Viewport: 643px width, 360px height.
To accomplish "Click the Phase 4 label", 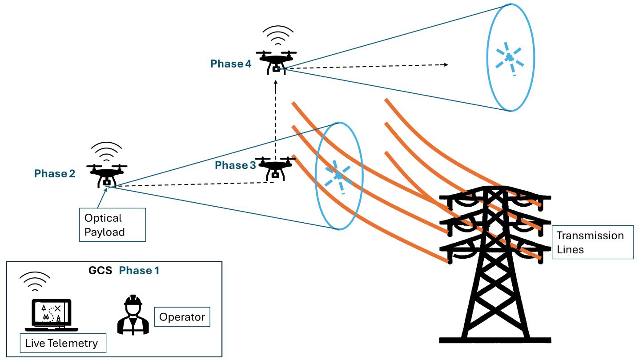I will pyautogui.click(x=231, y=64).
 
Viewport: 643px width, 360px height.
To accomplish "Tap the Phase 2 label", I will pyautogui.click(x=55, y=174).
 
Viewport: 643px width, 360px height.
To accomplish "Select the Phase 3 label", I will pyautogui.click(x=235, y=165).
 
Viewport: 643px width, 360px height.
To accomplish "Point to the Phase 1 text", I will pyautogui.click(x=139, y=271).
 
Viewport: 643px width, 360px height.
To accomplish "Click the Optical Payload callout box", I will pyautogui.click(x=112, y=225).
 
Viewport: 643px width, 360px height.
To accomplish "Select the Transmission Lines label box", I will pyautogui.click(x=590, y=243).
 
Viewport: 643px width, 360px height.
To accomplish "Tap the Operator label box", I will pyautogui.click(x=182, y=317).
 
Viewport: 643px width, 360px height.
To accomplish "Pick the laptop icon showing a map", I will pyautogui.click(x=52, y=315).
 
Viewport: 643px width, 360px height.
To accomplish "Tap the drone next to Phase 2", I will pyautogui.click(x=107, y=174).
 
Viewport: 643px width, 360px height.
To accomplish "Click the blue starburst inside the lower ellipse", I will pyautogui.click(x=338, y=176).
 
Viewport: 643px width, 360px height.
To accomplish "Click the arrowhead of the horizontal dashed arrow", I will pyautogui.click(x=446, y=64).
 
